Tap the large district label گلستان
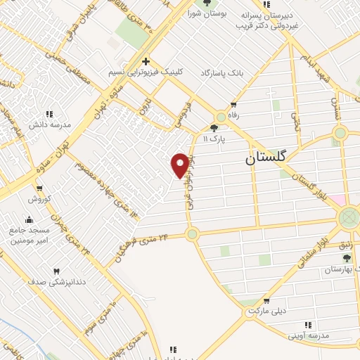click(266, 159)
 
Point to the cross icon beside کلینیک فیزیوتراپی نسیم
click(146, 61)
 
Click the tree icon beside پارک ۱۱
click(214, 127)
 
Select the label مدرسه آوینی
click(307, 335)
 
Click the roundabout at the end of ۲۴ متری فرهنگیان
click(192, 235)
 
